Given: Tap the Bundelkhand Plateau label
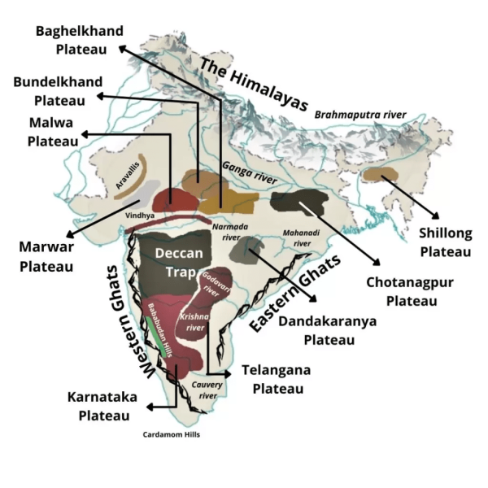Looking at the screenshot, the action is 57,91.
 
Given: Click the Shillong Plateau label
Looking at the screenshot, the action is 445,242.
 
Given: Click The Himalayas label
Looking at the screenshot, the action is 254,84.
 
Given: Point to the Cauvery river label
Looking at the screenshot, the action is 206,390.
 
